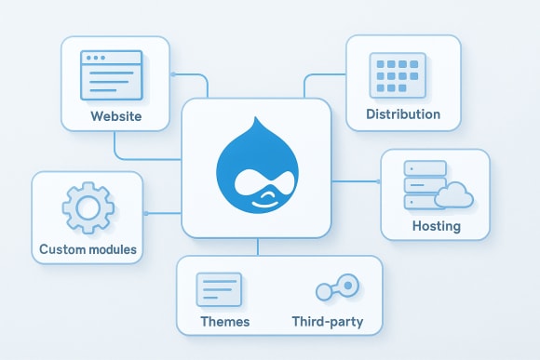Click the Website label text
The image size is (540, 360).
tap(115, 117)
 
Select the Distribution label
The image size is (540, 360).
tap(403, 114)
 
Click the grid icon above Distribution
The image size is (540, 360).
tap(397, 73)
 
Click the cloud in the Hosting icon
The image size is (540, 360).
tap(453, 195)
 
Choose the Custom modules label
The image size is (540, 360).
tap(88, 249)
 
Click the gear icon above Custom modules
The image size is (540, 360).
tap(87, 207)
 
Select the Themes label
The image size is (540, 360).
tap(225, 322)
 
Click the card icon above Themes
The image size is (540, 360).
tap(219, 289)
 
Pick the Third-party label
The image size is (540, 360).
tap(327, 322)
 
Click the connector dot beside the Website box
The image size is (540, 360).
tap(173, 74)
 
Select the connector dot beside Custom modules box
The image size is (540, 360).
tap(146, 213)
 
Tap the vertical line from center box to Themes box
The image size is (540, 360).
tap(257, 246)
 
